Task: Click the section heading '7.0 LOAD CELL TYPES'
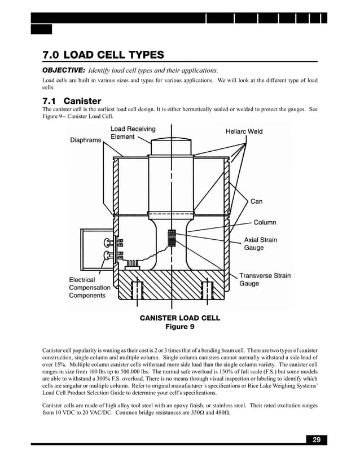(x=103, y=55)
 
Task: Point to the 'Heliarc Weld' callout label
(x=244, y=131)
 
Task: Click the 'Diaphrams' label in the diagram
(x=85, y=140)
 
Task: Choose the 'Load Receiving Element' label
(x=133, y=133)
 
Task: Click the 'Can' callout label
(x=256, y=201)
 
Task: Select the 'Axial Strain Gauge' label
(x=260, y=244)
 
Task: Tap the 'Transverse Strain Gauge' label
(x=265, y=280)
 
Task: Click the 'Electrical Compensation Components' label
(x=90, y=288)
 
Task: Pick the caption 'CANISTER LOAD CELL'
(x=179, y=318)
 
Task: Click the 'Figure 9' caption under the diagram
(x=179, y=327)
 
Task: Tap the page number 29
(x=316, y=440)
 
